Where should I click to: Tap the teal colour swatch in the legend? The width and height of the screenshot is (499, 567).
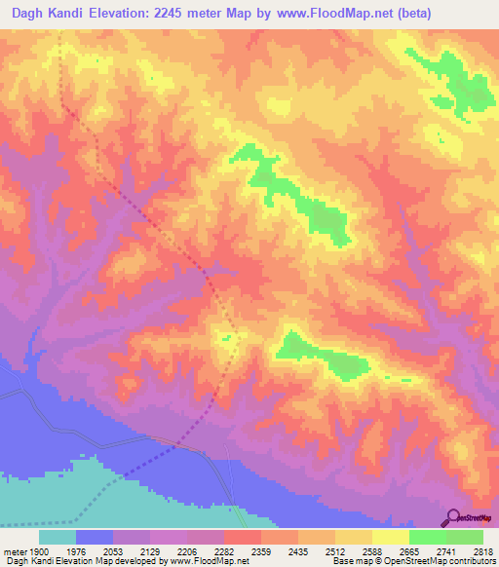[58, 537]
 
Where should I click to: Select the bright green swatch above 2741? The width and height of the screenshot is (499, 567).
[428, 537]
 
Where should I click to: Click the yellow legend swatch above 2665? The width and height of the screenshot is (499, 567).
[391, 537]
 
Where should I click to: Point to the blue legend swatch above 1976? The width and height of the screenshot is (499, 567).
[95, 537]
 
